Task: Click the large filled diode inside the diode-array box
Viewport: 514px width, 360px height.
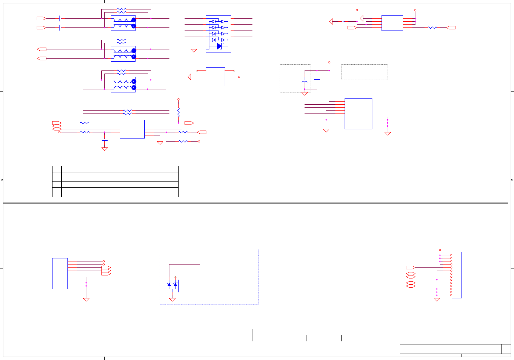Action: pyautogui.click(x=219, y=46)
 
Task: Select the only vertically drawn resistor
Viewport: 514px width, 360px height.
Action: pyautogui.click(x=179, y=112)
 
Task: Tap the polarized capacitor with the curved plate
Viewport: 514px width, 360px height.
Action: pyautogui.click(x=305, y=81)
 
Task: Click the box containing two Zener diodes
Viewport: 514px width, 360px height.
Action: pyautogui.click(x=172, y=286)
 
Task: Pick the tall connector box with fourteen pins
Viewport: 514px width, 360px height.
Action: pyautogui.click(x=457, y=275)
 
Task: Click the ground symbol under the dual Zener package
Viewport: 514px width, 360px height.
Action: pyautogui.click(x=172, y=300)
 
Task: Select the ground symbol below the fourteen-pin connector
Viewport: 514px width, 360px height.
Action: pyautogui.click(x=437, y=300)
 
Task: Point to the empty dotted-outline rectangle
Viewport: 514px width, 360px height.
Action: pyautogui.click(x=364, y=72)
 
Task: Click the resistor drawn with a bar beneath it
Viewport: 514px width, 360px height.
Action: pyautogui.click(x=85, y=132)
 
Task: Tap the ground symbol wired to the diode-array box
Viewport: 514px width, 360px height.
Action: pyautogui.click(x=194, y=50)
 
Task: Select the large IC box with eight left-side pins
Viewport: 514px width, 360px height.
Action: pyautogui.click(x=358, y=113)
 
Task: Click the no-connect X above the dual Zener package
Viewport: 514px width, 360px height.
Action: pyautogui.click(x=175, y=277)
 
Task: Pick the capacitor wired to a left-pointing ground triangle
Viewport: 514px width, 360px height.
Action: pyautogui.click(x=343, y=21)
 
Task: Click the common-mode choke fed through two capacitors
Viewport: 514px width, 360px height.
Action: pyautogui.click(x=123, y=23)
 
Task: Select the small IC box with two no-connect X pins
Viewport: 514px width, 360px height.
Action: pyautogui.click(x=215, y=77)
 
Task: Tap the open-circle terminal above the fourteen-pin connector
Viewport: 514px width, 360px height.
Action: pyautogui.click(x=440, y=250)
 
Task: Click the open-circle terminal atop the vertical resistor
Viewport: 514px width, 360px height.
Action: pyautogui.click(x=179, y=99)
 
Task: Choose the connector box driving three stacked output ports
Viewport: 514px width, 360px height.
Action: pyautogui.click(x=60, y=273)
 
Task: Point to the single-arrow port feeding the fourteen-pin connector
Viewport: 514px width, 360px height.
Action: pyautogui.click(x=411, y=268)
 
